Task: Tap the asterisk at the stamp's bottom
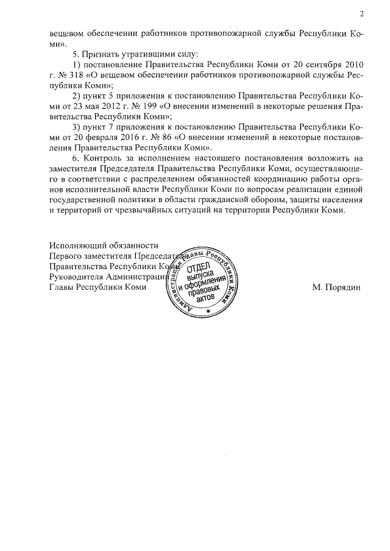pyautogui.click(x=208, y=311)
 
